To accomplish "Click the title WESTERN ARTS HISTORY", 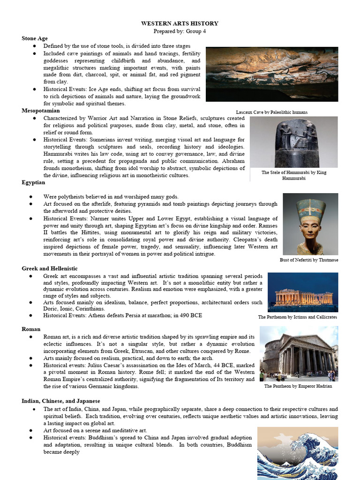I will (x=180, y=23).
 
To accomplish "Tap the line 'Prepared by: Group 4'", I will (x=180, y=31).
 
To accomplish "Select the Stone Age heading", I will (x=35, y=38).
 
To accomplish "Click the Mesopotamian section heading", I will (x=41, y=111).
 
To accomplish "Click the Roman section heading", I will (x=31, y=330).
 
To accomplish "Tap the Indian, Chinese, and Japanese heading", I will (x=60, y=401).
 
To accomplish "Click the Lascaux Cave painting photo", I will (x=272, y=74).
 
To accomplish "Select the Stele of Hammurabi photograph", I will (x=293, y=142).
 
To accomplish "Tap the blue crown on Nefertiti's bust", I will (x=311, y=209).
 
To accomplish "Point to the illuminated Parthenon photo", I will (x=303, y=292).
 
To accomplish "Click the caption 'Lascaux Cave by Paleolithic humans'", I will (x=272, y=112).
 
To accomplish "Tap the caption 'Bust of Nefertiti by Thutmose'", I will (x=308, y=260).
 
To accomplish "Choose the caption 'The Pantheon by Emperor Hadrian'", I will (x=298, y=386).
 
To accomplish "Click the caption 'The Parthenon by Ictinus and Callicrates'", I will (x=297, y=317).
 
